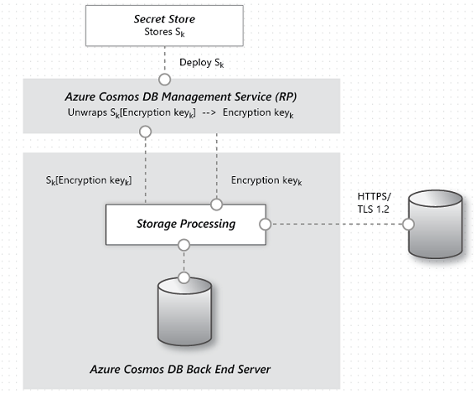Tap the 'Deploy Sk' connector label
(201, 63)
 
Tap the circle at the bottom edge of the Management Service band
(146, 132)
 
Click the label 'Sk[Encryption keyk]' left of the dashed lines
(89, 180)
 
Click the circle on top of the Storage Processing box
(216, 204)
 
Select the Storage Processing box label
(185, 224)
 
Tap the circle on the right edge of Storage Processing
(265, 225)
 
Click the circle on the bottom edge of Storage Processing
(184, 245)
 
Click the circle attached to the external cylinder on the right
(408, 225)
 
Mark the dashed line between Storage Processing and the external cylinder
(335, 225)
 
